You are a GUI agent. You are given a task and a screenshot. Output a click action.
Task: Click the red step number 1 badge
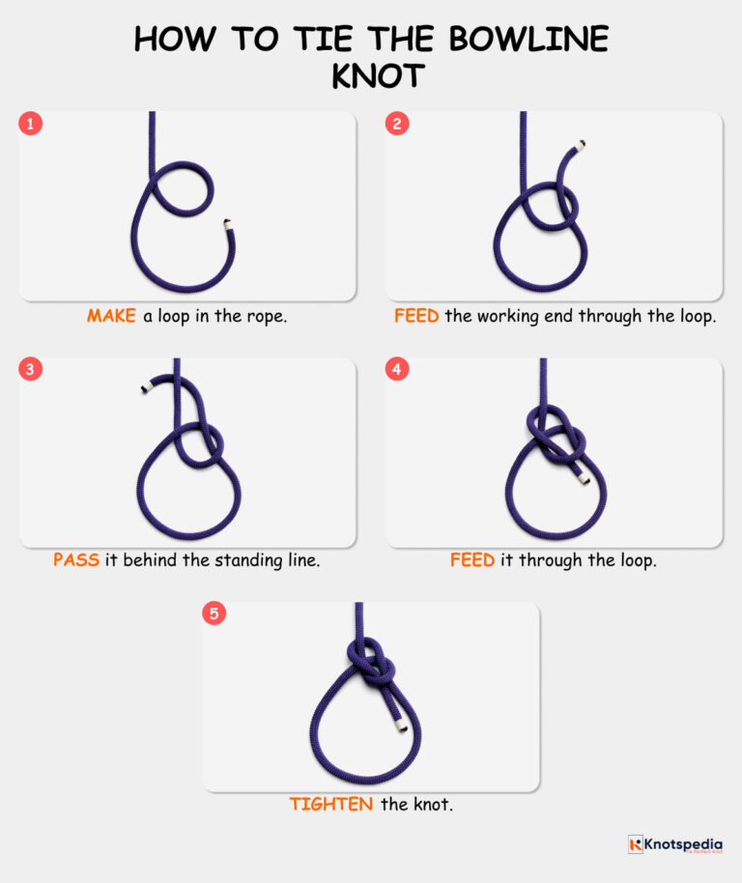click(x=31, y=124)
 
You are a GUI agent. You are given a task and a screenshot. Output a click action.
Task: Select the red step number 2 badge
click(x=397, y=124)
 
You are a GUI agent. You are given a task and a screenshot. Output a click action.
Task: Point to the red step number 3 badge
click(x=31, y=370)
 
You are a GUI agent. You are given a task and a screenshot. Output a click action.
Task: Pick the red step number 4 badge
click(x=397, y=370)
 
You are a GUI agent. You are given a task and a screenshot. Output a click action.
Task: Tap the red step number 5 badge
click(x=214, y=614)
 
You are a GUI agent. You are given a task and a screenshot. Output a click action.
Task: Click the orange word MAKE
click(x=112, y=316)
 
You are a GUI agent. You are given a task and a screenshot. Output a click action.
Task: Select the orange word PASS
click(x=76, y=560)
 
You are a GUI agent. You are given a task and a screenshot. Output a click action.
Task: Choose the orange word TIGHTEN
click(x=331, y=804)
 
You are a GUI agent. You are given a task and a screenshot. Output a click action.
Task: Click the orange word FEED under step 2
click(x=416, y=316)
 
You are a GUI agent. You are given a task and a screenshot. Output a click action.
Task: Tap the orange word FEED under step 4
click(x=472, y=560)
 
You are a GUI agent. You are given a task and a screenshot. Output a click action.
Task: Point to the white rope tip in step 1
click(x=228, y=224)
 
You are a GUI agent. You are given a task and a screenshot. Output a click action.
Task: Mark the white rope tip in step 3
click(x=143, y=388)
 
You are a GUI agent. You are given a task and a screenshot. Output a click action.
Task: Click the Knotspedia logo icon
click(x=635, y=844)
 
